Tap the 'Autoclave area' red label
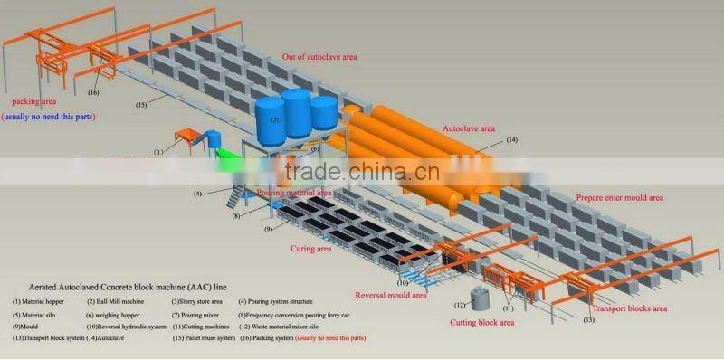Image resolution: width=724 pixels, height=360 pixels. (469, 129)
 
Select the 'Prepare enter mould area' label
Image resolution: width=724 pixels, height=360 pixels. (620, 197)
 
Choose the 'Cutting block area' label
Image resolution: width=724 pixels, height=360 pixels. (482, 322)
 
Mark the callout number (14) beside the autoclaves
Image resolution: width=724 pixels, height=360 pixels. (511, 139)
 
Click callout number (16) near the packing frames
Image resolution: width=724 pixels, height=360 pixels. (93, 92)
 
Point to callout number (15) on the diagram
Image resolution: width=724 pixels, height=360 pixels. (141, 105)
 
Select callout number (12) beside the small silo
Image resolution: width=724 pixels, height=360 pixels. (461, 305)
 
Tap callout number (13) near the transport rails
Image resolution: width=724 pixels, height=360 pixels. (589, 319)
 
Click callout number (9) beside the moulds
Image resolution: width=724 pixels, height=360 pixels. (268, 230)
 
